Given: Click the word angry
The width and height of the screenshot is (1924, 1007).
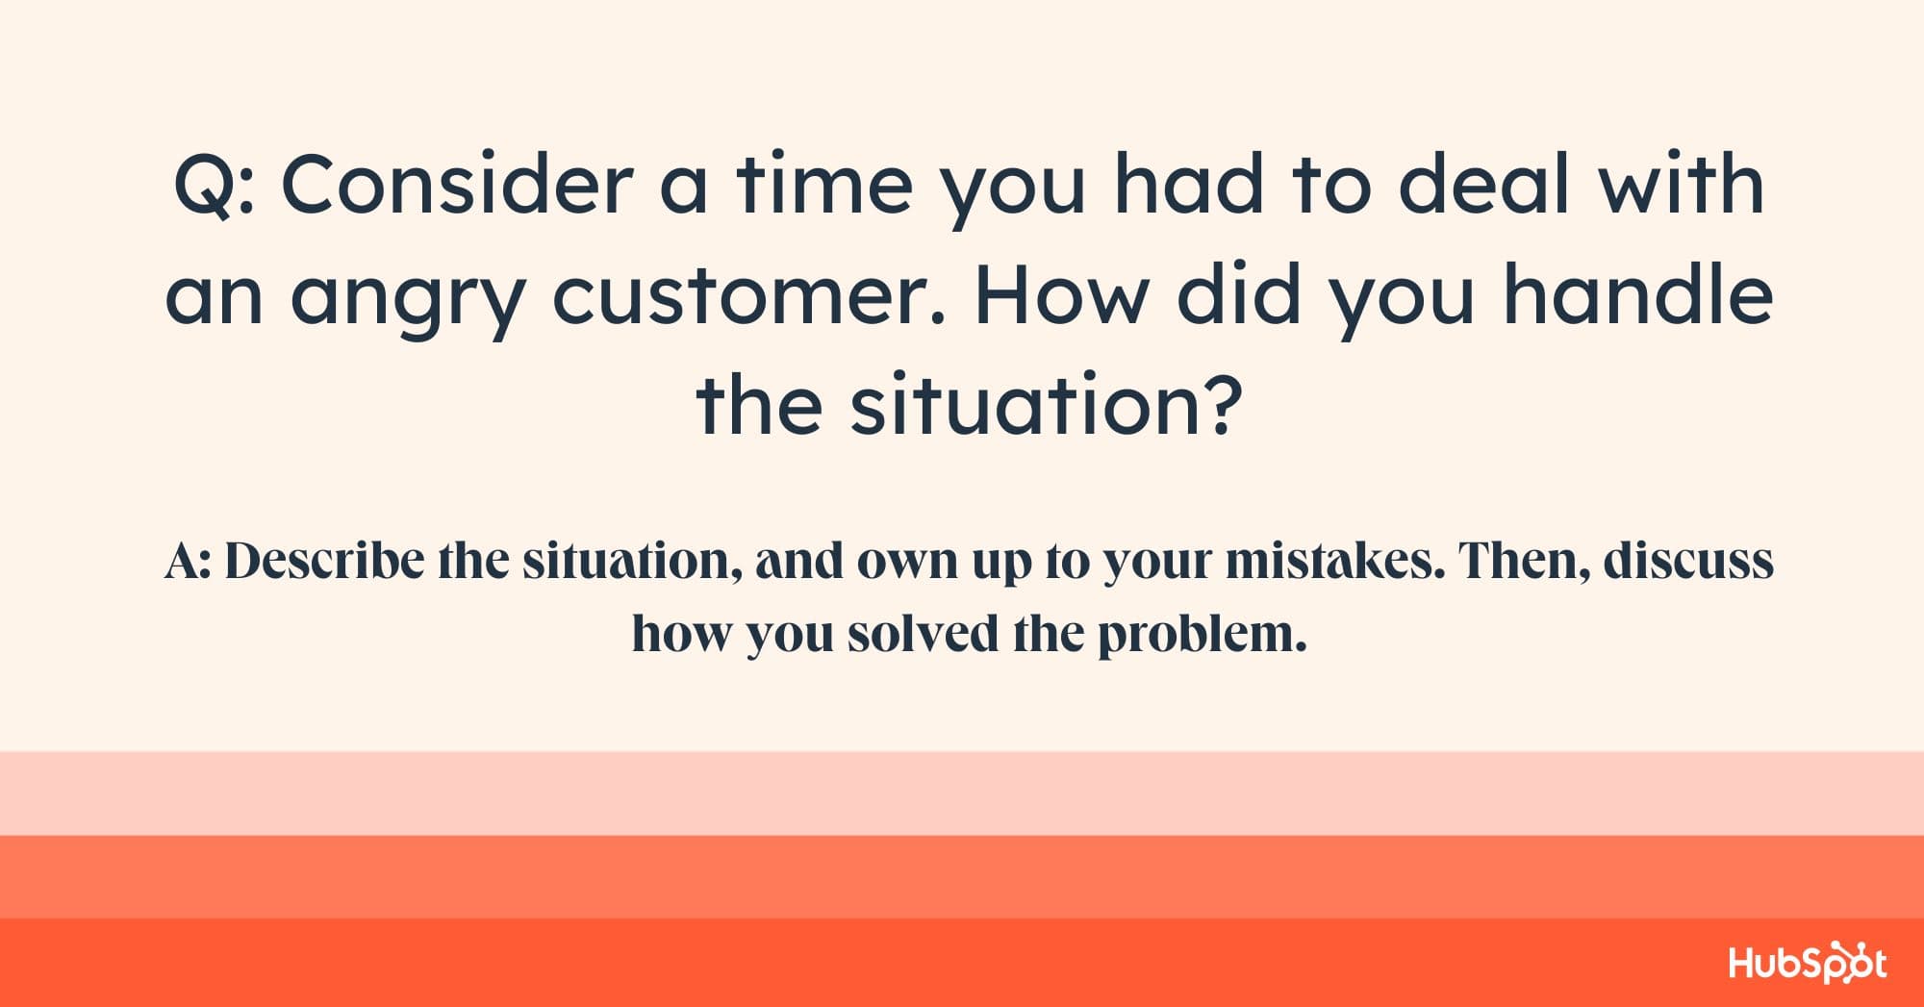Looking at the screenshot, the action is click(407, 301).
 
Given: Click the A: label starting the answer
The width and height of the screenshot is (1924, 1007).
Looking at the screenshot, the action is click(188, 562).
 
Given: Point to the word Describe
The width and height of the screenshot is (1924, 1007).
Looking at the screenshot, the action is click(324, 562).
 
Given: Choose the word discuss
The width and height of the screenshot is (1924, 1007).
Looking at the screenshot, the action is click(1688, 562).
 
